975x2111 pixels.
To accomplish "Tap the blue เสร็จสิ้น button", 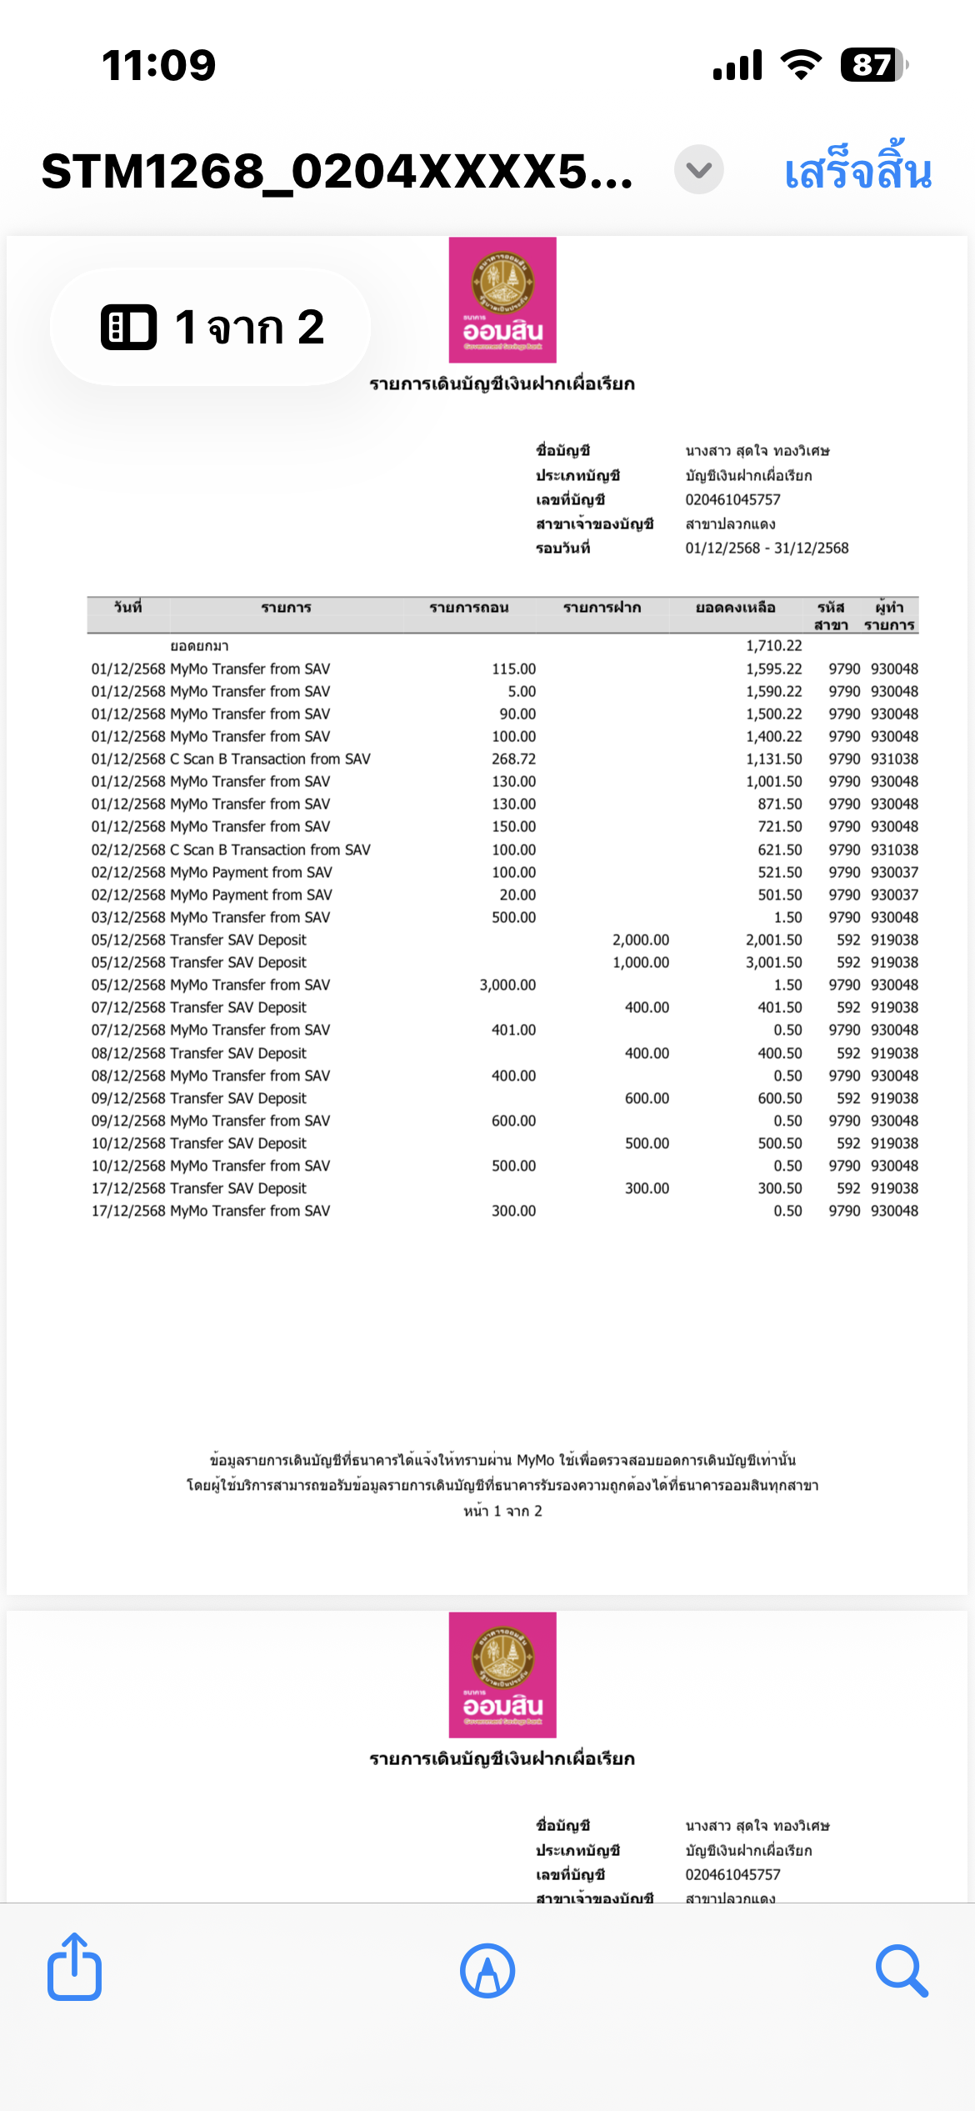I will click(857, 171).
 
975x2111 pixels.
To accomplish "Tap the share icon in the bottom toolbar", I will click(75, 1969).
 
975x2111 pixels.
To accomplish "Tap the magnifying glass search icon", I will click(902, 1971).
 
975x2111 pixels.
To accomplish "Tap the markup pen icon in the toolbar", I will click(487, 1971).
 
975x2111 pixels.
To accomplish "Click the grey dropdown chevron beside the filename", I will click(698, 170).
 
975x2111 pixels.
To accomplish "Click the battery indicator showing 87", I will click(872, 65).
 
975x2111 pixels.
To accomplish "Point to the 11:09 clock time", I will click(158, 65).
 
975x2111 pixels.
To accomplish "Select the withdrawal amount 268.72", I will click(513, 759).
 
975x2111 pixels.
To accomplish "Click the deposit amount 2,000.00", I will click(640, 940).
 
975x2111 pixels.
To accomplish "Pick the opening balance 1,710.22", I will click(773, 645).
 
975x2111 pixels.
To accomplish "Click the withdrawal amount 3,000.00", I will click(507, 985).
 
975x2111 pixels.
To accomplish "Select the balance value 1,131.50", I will click(773, 759).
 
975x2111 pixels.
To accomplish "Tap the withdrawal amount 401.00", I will click(513, 1030).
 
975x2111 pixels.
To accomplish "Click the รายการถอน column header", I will click(468, 608).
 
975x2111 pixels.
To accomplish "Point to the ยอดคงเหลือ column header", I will click(735, 608).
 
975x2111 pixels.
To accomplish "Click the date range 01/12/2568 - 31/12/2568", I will click(767, 548).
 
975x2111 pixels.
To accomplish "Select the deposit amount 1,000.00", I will click(640, 962).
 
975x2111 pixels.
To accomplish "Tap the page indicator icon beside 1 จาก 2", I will click(128, 327).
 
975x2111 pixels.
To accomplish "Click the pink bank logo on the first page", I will click(502, 300).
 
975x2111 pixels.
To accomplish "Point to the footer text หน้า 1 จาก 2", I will click(502, 1511).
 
